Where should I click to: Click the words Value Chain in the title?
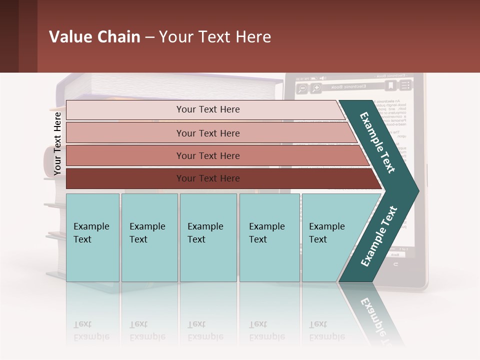[94, 37]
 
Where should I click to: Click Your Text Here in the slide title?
[215, 37]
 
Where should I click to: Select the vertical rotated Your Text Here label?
[57, 143]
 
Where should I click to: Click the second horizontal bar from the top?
[207, 133]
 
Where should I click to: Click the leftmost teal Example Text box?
[92, 237]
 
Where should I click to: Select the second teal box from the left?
[149, 237]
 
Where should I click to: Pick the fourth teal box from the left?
[269, 237]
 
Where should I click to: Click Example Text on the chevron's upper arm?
[378, 142]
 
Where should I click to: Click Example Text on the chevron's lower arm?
[378, 236]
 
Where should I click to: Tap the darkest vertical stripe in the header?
[9, 36]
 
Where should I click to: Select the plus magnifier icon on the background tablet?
[316, 88]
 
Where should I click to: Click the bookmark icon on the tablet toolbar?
[390, 86]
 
